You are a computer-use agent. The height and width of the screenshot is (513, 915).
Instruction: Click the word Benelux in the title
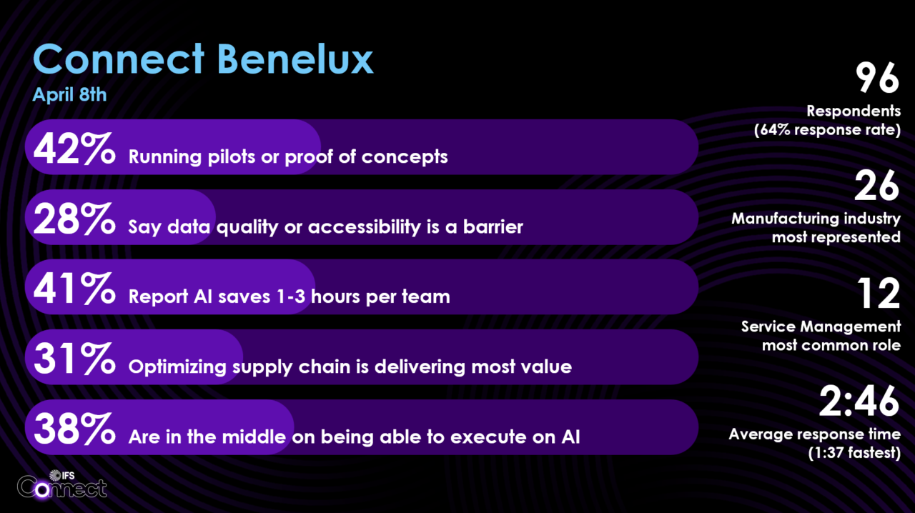click(x=295, y=59)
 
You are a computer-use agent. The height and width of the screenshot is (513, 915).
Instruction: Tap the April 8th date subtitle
click(x=69, y=95)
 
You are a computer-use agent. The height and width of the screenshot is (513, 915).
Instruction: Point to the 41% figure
click(x=74, y=289)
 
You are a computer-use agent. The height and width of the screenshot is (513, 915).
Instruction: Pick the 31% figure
click(x=74, y=359)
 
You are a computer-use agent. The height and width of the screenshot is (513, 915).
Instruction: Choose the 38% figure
click(x=74, y=428)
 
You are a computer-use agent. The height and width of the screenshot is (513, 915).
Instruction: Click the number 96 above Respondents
click(x=877, y=78)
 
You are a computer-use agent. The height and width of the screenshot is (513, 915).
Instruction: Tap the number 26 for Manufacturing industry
click(x=876, y=186)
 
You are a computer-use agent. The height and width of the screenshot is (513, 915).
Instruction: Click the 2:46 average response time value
click(x=859, y=401)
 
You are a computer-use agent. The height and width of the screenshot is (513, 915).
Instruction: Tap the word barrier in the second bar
click(x=493, y=227)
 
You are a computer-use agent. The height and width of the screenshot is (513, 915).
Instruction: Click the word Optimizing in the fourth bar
click(x=177, y=367)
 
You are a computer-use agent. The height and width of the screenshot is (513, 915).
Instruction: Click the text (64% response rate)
click(x=827, y=130)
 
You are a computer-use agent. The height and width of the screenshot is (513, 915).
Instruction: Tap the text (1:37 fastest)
click(x=854, y=453)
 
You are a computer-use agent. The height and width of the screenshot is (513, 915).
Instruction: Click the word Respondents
click(x=854, y=111)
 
